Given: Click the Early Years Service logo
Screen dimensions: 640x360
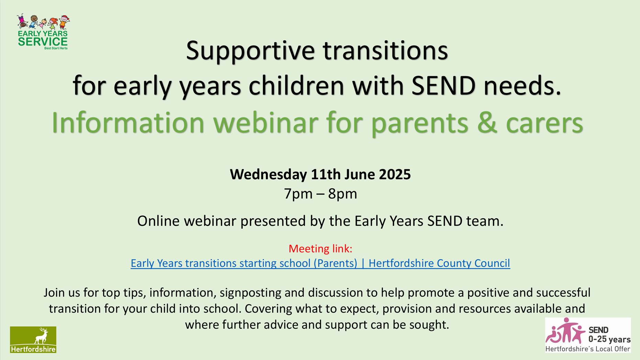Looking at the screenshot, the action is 43,32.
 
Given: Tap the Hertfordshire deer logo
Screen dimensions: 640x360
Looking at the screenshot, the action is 33,339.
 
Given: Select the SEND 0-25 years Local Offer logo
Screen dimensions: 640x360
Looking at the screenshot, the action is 588,335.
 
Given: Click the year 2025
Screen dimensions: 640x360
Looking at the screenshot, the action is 395,174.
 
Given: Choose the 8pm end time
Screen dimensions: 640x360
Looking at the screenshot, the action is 343,194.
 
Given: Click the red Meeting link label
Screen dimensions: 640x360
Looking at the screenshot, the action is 320,249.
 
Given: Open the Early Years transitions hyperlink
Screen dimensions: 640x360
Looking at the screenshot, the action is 320,263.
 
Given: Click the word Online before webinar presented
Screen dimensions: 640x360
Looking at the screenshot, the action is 158,221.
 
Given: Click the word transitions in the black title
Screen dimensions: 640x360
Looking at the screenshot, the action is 385,50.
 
